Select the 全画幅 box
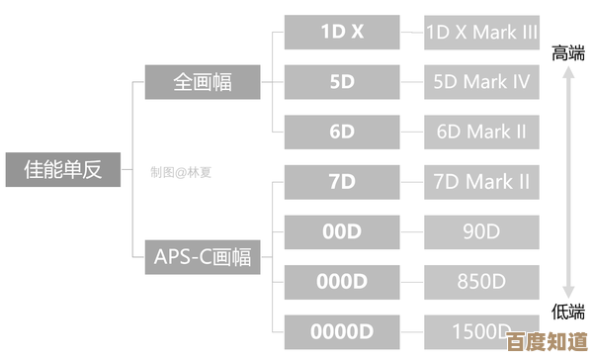(203, 82)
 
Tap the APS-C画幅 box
(203, 257)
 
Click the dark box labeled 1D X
(342, 32)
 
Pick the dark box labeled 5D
(342, 82)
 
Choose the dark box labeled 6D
(342, 132)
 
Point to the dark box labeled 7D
(342, 182)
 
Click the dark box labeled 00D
(342, 231)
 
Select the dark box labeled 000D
(342, 282)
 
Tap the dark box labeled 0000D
(342, 330)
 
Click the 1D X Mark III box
(481, 32)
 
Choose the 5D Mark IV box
(481, 82)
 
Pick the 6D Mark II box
(481, 132)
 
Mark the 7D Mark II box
(481, 182)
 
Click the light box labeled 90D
(481, 231)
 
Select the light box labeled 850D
(481, 282)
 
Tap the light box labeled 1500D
(481, 330)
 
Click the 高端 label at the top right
(568, 52)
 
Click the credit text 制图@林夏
(181, 171)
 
